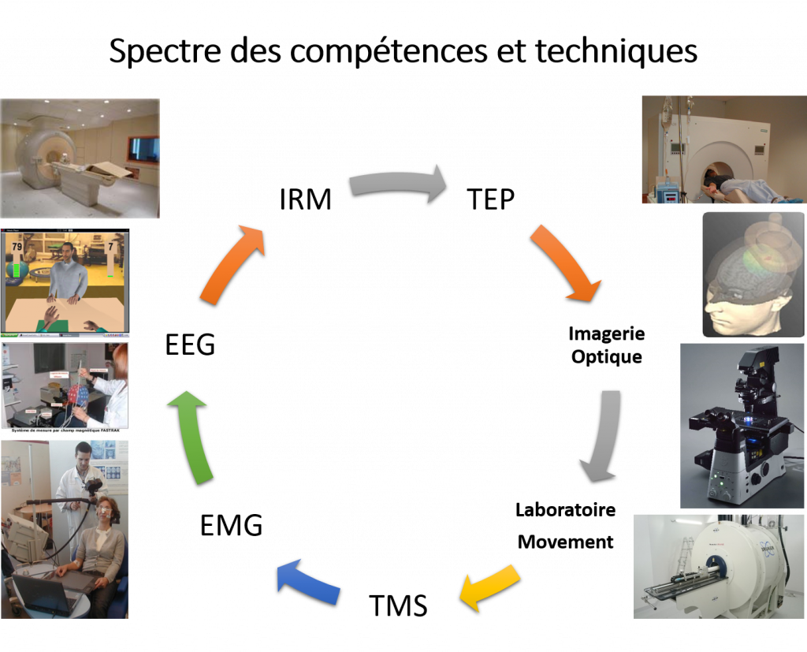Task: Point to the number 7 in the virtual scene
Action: pos(111,248)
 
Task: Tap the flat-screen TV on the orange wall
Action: pos(144,150)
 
